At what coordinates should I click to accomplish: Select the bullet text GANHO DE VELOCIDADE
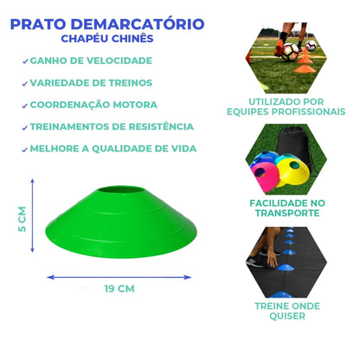90,61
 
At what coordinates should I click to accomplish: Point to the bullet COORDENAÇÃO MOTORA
92,105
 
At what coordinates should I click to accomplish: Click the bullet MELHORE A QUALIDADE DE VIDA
112,148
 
